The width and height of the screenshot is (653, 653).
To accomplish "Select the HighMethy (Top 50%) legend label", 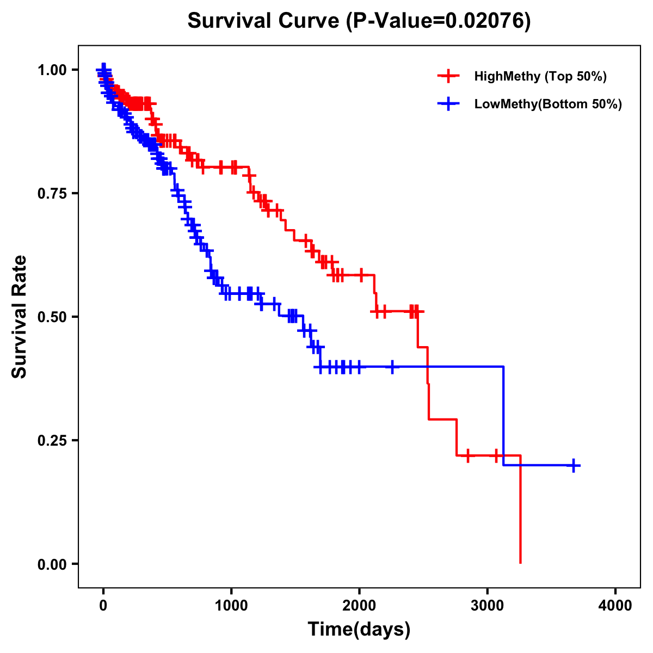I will [540, 76].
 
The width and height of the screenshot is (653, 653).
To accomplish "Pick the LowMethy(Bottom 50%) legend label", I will [548, 104].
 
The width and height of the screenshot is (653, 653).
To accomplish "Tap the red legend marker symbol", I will [449, 76].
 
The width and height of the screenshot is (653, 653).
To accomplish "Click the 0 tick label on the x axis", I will [103, 606].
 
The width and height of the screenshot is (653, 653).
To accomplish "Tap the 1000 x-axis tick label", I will [231, 606].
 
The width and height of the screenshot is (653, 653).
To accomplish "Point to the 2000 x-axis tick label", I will [359, 606].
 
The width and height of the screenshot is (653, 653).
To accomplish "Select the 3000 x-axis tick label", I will [488, 606].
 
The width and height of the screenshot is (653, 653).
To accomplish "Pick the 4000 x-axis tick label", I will [615, 606].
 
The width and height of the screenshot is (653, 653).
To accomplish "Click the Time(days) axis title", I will [359, 630].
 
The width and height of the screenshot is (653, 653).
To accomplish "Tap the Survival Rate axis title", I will [20, 317].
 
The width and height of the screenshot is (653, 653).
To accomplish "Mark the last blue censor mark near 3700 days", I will [574, 465].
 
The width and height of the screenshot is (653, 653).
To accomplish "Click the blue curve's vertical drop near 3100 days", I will [503, 416].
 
